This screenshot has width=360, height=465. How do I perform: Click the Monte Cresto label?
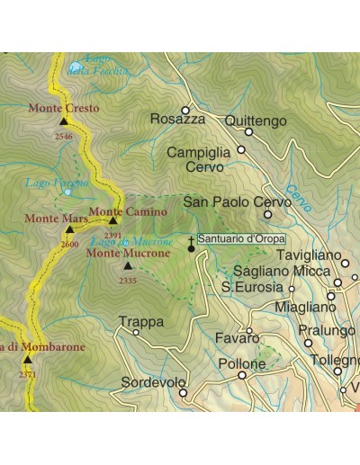[64, 108]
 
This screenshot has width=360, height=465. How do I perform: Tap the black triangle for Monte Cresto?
[63, 121]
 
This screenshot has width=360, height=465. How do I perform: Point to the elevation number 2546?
[63, 136]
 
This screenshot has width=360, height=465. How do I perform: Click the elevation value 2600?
[69, 244]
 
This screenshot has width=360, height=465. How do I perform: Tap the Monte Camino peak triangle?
[113, 220]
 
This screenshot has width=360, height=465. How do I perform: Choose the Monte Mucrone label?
[128, 254]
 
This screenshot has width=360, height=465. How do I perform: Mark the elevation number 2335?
[127, 281]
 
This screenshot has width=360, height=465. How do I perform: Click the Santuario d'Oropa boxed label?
[240, 239]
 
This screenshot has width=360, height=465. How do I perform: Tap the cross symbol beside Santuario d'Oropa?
[191, 239]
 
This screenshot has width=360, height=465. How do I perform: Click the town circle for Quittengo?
[249, 132]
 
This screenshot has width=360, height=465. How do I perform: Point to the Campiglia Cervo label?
[199, 159]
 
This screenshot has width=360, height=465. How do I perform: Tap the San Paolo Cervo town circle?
[267, 214]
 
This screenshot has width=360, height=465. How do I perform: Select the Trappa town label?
[140, 321]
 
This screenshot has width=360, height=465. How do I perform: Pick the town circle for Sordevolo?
[183, 392]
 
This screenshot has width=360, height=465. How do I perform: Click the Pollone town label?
[242, 364]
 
